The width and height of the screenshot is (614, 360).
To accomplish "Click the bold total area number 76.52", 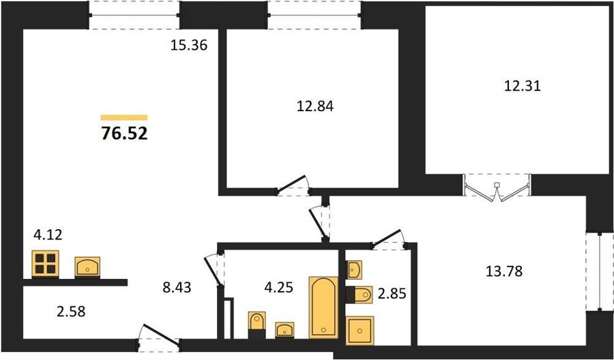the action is [124, 134].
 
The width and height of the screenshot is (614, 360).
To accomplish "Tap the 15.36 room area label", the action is [188, 46].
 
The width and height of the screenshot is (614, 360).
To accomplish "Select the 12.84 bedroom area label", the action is [315, 106].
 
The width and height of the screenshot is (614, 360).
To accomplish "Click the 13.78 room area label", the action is [504, 271].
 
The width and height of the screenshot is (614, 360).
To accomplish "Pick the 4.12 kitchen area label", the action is [48, 235].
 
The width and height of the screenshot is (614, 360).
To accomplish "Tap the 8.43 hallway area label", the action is [177, 288].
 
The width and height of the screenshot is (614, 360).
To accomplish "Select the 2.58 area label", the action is [71, 312].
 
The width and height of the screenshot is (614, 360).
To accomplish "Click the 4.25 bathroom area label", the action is [279, 288].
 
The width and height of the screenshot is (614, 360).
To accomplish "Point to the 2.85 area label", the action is [392, 294].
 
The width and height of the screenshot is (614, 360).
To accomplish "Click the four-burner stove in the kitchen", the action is [46, 264].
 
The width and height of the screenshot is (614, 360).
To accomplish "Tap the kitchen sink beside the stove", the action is [87, 267].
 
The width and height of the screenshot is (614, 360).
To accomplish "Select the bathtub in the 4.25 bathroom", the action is [323, 307].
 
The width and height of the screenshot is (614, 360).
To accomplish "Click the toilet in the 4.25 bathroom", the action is [257, 325].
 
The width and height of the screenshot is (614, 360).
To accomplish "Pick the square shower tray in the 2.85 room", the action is [360, 331].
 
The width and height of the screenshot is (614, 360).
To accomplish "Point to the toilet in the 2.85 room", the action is [359, 295].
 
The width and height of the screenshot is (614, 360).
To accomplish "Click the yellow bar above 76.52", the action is [124, 117].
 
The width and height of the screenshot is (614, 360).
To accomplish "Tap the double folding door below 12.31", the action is [497, 187].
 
